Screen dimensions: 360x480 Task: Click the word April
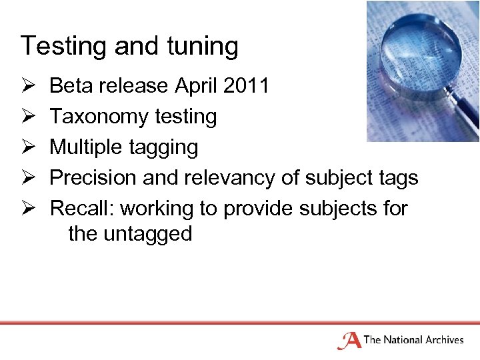click(195, 87)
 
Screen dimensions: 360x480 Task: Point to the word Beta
click(71, 86)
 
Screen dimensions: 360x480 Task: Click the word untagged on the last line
click(148, 235)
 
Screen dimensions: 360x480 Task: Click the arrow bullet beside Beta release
click(28, 87)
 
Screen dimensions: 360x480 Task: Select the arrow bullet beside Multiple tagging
click(28, 148)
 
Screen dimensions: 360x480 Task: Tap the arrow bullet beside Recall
click(28, 209)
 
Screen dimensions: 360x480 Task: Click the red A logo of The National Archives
click(349, 340)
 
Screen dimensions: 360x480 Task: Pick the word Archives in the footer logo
click(441, 340)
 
